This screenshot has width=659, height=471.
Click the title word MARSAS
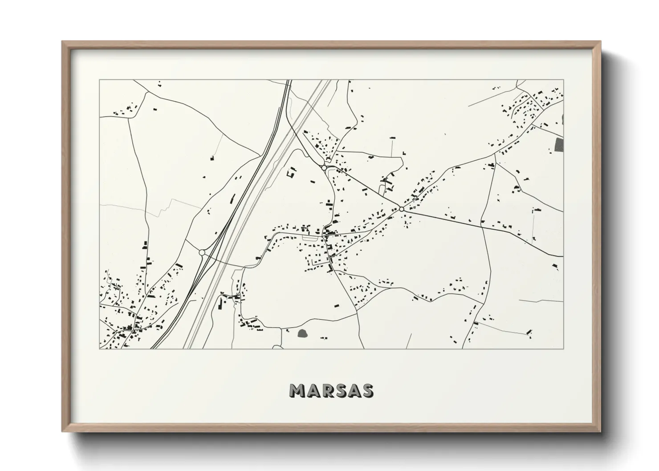pos(331,390)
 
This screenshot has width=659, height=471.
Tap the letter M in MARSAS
pos(297,390)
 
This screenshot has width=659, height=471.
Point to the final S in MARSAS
pos(367,390)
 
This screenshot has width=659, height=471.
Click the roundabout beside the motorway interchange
pos(202,252)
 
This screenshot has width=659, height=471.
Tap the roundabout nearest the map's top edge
pos(324,167)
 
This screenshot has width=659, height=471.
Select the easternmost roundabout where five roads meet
pos(401,209)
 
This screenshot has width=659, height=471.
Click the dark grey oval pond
pos(303,332)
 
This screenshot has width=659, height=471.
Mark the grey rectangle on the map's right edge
pos(559,145)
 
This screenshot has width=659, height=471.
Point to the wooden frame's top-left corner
pos(63,42)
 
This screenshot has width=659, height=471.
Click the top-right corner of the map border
pos(563,80)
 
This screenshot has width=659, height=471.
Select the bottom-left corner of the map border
pos(99,348)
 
